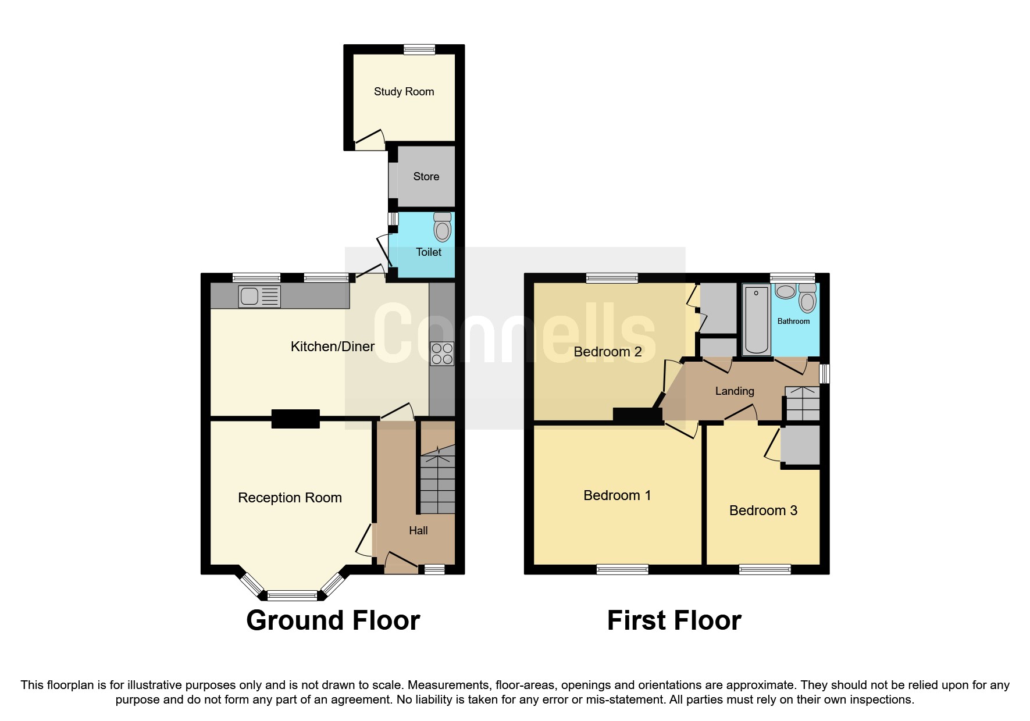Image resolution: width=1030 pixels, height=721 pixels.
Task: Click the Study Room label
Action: coord(404,92)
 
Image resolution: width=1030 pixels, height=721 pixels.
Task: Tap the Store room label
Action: coord(426,177)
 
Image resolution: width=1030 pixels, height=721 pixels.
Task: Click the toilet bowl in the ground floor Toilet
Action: coord(443,227)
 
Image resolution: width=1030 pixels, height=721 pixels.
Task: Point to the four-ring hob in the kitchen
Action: coord(441,354)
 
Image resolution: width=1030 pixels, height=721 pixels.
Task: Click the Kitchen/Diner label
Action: coord(332,347)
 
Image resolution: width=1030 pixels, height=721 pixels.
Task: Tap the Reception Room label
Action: coord(290,498)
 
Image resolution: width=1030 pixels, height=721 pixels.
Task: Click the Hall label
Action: coord(418,530)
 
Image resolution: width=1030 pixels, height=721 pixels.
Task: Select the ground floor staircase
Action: coord(437,483)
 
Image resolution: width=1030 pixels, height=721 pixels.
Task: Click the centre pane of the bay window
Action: coord(292,595)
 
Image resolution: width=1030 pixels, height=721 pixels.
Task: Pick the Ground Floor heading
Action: coord(333,620)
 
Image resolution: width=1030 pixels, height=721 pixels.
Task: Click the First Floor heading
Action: coord(674,620)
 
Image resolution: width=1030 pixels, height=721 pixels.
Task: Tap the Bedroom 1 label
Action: coord(616,495)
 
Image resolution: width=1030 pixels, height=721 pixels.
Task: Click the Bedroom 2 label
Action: coord(607,352)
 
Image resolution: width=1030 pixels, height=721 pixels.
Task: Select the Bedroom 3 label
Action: coord(763,511)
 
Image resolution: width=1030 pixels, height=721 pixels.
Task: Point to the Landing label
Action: coord(734,391)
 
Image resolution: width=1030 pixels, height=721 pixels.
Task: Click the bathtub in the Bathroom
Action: coord(757,320)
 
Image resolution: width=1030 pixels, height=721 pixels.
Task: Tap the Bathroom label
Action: coord(793,321)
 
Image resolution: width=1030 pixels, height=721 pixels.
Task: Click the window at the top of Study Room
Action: coord(419,50)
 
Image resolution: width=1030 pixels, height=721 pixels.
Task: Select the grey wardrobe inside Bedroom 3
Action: coord(800,445)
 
